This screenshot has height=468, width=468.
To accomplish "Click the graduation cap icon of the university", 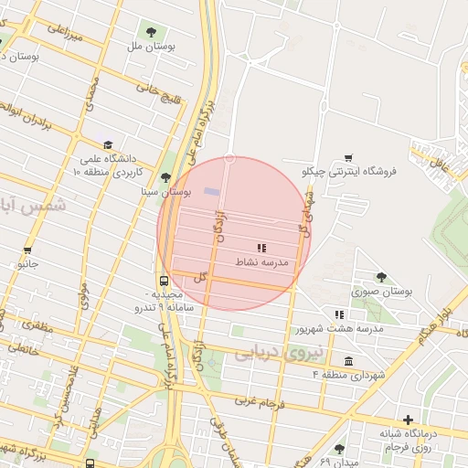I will coord(108,144).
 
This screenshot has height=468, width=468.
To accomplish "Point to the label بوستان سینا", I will coord(165,193).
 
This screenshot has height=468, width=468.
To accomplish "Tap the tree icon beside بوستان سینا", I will coord(165,178).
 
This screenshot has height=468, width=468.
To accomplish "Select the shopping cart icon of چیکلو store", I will coord(347,158).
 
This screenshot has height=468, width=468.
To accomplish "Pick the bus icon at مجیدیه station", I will coord(164,281).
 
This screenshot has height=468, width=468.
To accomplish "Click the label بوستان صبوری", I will coord(381,291).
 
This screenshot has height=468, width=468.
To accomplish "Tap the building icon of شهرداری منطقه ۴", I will coord(347,361).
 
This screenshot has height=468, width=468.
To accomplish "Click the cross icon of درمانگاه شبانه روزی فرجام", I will coord(408,420).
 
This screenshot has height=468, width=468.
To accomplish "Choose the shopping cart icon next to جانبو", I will coord(27,250).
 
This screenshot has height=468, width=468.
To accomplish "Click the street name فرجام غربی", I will coord(261,400).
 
